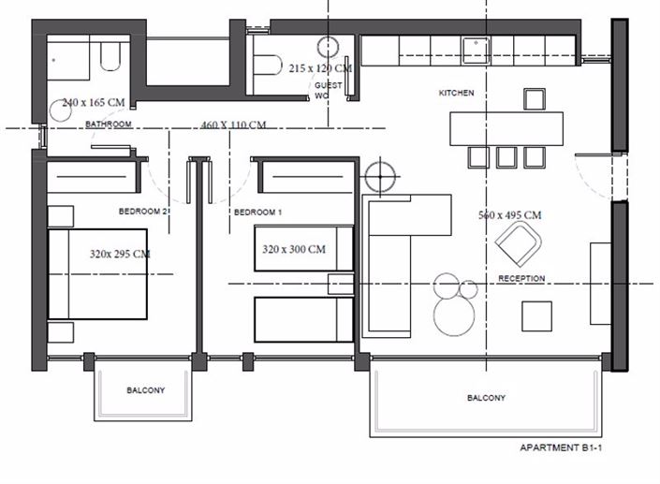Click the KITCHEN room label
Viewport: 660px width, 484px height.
(x=457, y=94)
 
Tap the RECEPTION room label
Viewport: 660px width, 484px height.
(x=521, y=279)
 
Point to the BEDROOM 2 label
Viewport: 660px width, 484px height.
(x=142, y=212)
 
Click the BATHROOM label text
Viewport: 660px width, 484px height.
(x=108, y=124)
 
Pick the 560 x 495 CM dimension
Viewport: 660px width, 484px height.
(x=509, y=215)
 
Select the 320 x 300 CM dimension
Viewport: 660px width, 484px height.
(x=294, y=249)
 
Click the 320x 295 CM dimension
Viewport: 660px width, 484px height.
(x=120, y=254)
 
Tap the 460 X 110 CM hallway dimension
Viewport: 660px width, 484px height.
(x=233, y=125)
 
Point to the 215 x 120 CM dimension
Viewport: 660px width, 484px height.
(x=320, y=68)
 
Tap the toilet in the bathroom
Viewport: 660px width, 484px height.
(x=110, y=58)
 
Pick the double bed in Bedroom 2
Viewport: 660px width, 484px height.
(x=97, y=274)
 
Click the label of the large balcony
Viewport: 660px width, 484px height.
(x=486, y=398)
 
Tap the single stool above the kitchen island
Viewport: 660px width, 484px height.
(x=534, y=99)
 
